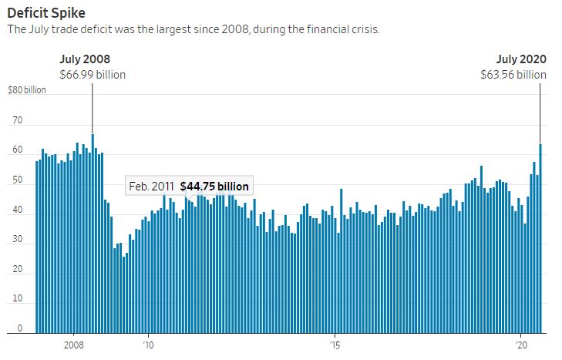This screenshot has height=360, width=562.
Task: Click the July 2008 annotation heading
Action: [85, 59]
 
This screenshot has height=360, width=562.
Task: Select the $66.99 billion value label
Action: [93, 75]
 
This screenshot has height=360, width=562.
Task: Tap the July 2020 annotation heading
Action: [521, 59]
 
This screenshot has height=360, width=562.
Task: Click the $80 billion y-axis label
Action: [27, 90]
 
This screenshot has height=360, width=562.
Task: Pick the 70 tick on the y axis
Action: [18, 121]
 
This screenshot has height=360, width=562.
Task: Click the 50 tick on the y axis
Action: [18, 182]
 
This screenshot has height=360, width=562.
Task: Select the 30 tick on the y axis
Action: [18, 243]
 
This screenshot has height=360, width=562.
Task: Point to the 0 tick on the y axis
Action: [20, 329]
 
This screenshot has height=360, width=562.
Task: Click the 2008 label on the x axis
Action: [74, 345]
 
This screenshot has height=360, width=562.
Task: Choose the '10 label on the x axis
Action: [149, 345]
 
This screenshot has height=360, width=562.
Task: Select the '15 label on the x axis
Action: [335, 345]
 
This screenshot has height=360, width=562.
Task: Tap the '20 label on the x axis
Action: [520, 345]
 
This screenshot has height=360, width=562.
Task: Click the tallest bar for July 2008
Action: [93, 231]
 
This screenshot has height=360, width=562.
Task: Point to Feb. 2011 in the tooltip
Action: [151, 187]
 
